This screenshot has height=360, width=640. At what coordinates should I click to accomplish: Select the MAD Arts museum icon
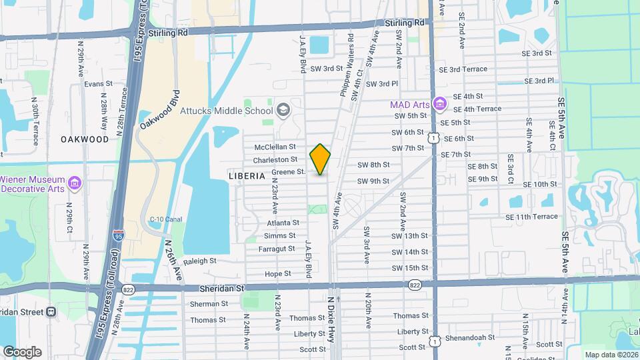(439, 104)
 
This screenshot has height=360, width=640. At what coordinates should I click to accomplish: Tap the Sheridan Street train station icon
(51, 312)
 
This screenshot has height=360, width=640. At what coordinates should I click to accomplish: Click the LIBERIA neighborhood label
(247, 176)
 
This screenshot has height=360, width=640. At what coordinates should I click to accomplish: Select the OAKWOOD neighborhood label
(85, 139)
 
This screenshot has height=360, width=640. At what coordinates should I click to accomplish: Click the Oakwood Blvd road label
(158, 110)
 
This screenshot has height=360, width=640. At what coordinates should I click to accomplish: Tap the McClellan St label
(275, 147)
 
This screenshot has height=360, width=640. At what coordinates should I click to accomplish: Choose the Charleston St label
(275, 159)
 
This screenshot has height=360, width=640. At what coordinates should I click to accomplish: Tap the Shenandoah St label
(471, 338)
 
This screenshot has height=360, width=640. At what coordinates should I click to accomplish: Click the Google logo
(21, 351)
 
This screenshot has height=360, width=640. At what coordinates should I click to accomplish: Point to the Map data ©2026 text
(611, 354)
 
